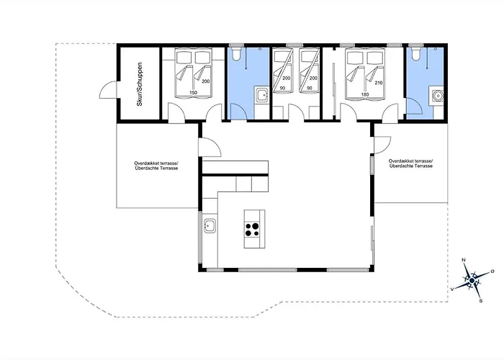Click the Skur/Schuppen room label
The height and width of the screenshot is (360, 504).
pos(139,84)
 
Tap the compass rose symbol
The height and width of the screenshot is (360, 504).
pos(472,281)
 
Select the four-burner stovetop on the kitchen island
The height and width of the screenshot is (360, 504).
pos(252,230)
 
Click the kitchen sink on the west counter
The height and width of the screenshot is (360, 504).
pos(210,225)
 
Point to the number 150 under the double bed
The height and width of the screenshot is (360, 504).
pos(193,93)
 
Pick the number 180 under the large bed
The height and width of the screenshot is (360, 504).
pos(365,94)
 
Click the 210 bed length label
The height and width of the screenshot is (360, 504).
pos(379,83)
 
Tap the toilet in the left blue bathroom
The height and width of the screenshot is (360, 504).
pos(236,54)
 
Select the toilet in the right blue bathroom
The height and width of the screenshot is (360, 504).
pos(415,54)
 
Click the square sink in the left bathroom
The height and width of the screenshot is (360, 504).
pos(263,95)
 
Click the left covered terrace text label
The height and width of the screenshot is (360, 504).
pos(156,166)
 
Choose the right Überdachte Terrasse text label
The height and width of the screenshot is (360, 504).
pos(411,166)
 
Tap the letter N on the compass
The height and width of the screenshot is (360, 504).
pos(464,260)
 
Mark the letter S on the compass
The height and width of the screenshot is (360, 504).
pos(481,301)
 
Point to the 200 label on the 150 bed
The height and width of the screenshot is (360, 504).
pos(206,81)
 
